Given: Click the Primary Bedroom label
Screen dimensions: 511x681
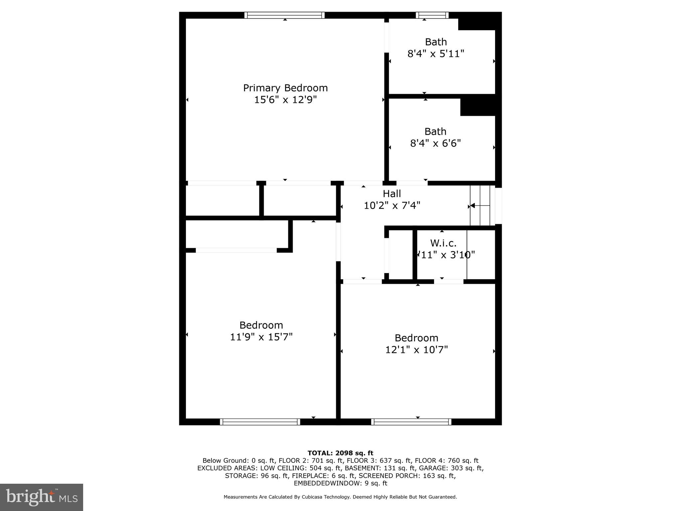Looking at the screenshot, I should (285, 88).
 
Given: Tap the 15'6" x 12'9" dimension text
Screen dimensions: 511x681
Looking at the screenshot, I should (285, 100).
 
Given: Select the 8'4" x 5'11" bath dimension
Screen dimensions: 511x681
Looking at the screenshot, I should (436, 54).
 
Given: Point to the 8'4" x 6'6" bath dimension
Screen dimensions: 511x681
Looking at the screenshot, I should (435, 143).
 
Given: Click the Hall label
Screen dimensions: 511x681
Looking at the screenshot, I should (392, 194).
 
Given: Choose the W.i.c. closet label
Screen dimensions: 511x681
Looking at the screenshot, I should (443, 243).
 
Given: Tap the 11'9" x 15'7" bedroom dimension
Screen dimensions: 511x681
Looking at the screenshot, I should (261, 337).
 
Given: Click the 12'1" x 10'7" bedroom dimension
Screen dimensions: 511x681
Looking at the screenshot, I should (416, 350).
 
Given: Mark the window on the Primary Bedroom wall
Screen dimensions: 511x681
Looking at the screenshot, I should (284, 15).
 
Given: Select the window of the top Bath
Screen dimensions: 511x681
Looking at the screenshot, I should (432, 15).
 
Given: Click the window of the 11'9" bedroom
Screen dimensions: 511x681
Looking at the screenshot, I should (260, 422).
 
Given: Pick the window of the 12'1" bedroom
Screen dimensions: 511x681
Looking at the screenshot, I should (411, 422).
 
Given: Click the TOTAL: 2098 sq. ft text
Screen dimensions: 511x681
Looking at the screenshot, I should (340, 453).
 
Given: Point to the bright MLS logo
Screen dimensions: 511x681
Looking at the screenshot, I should (42, 497).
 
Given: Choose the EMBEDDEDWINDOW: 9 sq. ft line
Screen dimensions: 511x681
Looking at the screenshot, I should (340, 483).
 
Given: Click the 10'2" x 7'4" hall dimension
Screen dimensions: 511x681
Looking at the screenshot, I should (392, 206).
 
